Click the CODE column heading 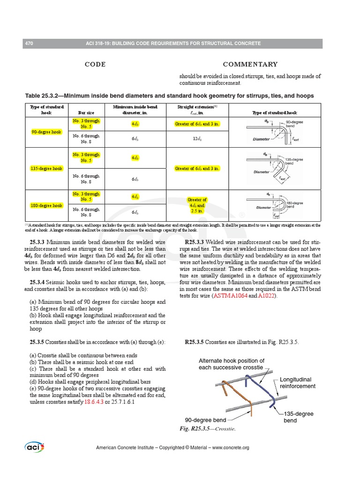tap(95, 64)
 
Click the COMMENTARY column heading tap(250, 64)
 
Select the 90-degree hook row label tap(46, 132)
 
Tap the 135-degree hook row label tap(46, 168)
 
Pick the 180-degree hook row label tap(46, 205)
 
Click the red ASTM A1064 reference tap(230, 296)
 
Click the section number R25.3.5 tap(194, 342)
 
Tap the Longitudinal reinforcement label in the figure tap(298, 382)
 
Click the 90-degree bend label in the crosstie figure tap(205, 420)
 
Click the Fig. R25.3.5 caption tap(207, 429)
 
